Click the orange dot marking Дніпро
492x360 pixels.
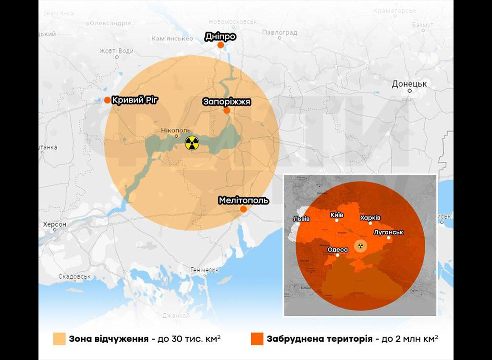[x=220, y=45]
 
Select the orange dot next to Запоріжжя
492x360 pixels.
[x=227, y=110]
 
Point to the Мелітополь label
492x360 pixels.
[x=243, y=200]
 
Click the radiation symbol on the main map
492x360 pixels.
[x=192, y=143]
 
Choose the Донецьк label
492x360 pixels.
[x=409, y=84]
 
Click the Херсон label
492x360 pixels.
[x=54, y=224]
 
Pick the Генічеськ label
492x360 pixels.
[x=205, y=270]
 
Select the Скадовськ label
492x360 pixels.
[x=74, y=276]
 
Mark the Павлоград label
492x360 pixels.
[x=280, y=33]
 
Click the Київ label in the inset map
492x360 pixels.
[x=337, y=215]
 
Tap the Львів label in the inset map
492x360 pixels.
[x=301, y=219]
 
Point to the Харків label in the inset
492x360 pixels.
[x=370, y=217]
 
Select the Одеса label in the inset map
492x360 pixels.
[x=337, y=250]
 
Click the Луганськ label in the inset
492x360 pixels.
[x=388, y=232]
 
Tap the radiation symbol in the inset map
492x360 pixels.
[x=359, y=246]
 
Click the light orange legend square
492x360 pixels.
[x=59, y=338]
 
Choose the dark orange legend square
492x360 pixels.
[x=257, y=338]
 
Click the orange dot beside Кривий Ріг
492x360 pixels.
[x=107, y=100]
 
